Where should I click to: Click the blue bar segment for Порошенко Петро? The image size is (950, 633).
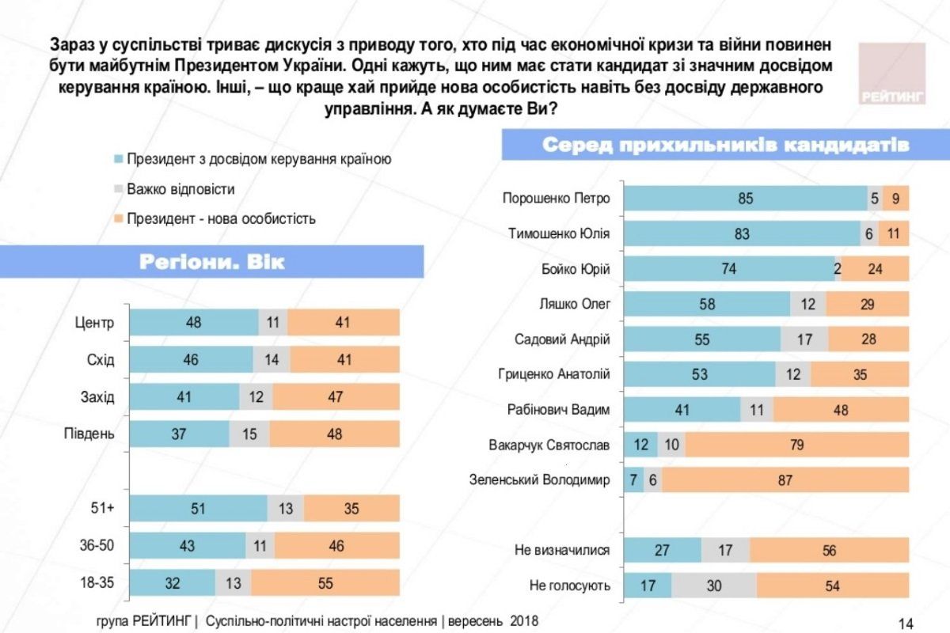point(745,198)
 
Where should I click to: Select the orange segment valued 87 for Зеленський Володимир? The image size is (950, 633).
point(785,479)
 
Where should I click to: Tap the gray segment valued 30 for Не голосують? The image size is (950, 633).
point(714,586)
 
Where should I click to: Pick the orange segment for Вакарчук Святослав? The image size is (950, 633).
point(796,445)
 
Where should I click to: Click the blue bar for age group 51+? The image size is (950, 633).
point(198,509)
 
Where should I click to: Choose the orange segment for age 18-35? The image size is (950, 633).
point(325,584)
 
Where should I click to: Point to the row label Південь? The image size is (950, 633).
point(89,434)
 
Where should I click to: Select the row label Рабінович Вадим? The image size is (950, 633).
point(559,409)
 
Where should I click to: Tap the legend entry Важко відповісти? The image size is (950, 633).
point(180,189)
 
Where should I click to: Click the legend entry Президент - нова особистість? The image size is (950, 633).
point(221,218)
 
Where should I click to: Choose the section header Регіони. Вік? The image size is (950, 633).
point(211,262)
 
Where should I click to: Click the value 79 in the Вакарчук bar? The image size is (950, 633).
point(796,445)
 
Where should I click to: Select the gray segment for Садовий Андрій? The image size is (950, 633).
point(804,339)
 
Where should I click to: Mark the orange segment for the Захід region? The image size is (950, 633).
point(336,396)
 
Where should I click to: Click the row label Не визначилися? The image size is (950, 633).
point(562,550)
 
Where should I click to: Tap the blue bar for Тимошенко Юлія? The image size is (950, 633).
point(742,233)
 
